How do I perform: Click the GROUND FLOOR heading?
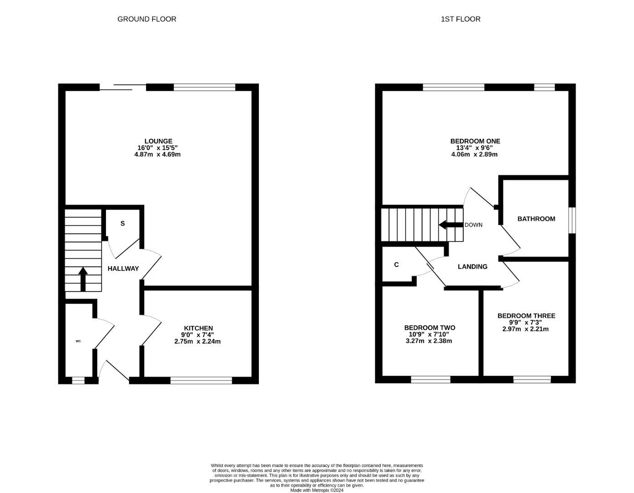[147, 19]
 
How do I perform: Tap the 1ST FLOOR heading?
[461, 19]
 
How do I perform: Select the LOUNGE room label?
[158, 141]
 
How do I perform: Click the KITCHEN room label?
[198, 328]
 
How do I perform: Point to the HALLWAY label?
[123, 269]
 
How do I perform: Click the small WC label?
[78, 341]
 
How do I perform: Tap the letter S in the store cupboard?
[122, 224]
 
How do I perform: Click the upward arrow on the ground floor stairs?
[83, 279]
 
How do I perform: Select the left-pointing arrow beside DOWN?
[451, 225]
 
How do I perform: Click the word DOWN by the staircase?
[473, 225]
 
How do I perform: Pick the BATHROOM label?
[536, 219]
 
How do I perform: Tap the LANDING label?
[472, 267]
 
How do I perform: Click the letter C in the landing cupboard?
[396, 265]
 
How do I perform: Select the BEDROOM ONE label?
[475, 141]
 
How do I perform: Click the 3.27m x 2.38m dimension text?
[429, 341]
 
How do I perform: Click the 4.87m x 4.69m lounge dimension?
[157, 154]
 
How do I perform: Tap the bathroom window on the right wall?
[572, 220]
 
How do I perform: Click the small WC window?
[78, 380]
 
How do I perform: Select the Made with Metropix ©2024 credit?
[317, 490]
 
